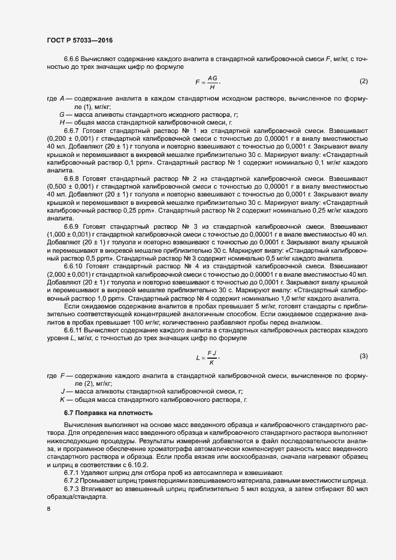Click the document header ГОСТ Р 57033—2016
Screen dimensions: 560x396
tap(80, 40)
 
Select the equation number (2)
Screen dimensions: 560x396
tap(363, 81)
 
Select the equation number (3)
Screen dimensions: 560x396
tap(363, 357)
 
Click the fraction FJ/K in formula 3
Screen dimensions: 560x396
tap(211, 358)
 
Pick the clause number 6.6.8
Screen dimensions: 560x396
tap(71, 178)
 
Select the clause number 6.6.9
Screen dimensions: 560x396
tap(71, 227)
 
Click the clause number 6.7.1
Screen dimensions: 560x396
tap(71, 473)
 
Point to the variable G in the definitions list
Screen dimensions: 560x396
tap(62, 114)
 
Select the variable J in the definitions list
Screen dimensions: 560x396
tap(62, 391)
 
